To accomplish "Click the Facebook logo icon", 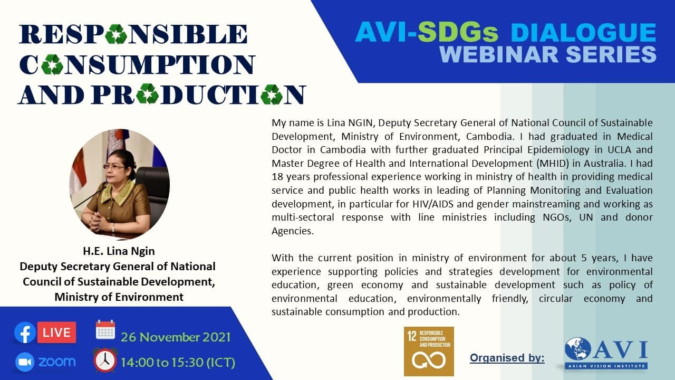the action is tap(25, 332).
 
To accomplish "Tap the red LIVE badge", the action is tap(56, 332).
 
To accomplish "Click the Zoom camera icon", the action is tap(25, 362).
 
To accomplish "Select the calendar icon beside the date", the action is tap(105, 330).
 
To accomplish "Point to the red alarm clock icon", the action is tap(105, 360).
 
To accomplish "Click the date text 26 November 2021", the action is tap(176, 337).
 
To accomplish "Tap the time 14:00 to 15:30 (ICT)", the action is tap(178, 362).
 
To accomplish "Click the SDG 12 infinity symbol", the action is tap(429, 360).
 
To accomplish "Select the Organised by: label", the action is tap(507, 358).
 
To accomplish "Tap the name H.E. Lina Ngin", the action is tap(119, 251).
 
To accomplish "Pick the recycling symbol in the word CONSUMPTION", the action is tap(52, 64).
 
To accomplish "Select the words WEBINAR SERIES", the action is tap(548, 54).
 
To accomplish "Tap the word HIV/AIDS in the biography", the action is tap(433, 204).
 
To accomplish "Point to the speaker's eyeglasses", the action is tap(113, 166).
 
